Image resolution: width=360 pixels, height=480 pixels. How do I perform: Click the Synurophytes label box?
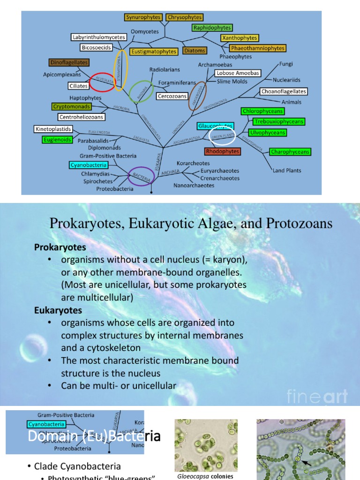(x=143, y=17)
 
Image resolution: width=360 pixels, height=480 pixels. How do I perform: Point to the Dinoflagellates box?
(x=68, y=62)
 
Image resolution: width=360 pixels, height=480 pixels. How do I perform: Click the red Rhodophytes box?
(x=223, y=151)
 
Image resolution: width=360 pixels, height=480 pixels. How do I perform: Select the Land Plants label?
(x=287, y=171)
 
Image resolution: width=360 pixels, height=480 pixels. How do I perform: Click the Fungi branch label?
(x=286, y=64)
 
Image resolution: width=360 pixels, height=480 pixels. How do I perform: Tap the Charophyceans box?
(x=290, y=152)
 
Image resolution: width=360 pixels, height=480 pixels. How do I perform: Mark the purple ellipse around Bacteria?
(x=142, y=176)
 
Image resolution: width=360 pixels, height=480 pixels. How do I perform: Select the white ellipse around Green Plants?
(x=223, y=135)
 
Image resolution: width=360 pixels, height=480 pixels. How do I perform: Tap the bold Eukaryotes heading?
(x=58, y=310)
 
